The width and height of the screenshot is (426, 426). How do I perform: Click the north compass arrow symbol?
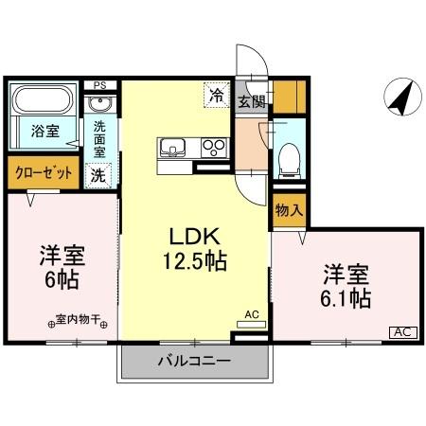(400, 97)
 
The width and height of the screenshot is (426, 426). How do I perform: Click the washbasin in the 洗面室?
(102, 104)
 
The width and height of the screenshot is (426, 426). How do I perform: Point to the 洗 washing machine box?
(98, 174)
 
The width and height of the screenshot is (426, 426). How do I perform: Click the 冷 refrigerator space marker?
(217, 94)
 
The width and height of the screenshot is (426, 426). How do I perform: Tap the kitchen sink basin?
(172, 148)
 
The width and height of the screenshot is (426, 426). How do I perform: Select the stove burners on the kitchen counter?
(214, 148)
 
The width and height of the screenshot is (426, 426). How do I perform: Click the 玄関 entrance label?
(251, 101)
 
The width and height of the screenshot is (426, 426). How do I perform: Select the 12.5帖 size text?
(195, 260)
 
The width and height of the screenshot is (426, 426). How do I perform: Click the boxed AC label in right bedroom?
(402, 331)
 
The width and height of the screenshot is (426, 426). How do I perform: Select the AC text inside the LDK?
(251, 313)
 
